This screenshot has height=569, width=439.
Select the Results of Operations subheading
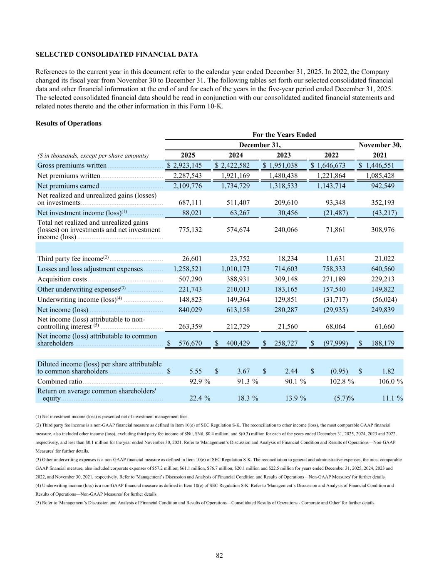click(69, 123)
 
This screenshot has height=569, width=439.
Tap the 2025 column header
click(188, 155)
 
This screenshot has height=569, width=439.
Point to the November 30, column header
click(380, 145)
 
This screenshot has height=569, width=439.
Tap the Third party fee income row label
click(70, 259)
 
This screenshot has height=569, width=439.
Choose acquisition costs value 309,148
click(284, 279)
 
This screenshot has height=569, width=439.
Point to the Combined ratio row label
click(60, 381)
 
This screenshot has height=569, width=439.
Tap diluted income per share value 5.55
click(195, 371)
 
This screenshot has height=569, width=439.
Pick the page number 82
click(219, 555)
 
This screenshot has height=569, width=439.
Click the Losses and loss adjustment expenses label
click(90, 269)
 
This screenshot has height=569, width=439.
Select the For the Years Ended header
click(284, 135)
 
